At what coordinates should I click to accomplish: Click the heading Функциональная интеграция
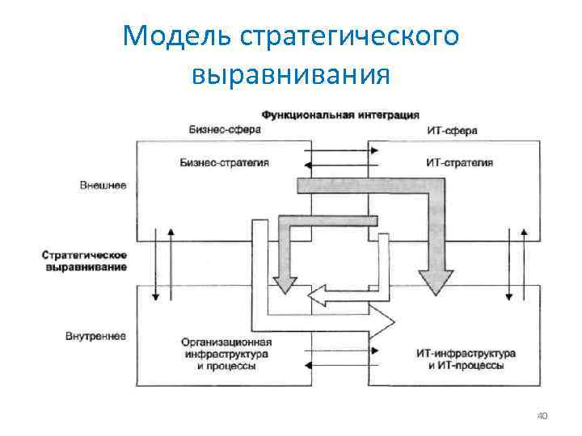click(x=339, y=114)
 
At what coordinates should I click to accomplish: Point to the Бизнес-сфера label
click(x=219, y=129)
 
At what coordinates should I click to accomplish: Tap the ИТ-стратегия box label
click(x=458, y=162)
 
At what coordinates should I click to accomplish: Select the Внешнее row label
click(x=103, y=185)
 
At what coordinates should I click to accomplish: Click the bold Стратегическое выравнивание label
click(x=84, y=261)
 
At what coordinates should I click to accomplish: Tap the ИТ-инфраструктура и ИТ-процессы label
click(x=466, y=359)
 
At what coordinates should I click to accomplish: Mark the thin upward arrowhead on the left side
click(x=171, y=232)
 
